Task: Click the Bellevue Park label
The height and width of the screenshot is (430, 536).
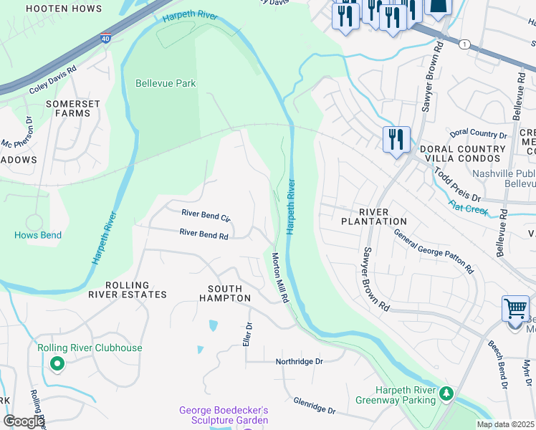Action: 166,84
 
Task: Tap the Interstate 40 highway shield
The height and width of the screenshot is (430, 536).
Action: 105,37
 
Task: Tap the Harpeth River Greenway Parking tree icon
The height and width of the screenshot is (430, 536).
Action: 446,393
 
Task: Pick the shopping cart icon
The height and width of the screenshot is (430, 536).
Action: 515,310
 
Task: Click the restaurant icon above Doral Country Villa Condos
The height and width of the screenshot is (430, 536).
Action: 396,138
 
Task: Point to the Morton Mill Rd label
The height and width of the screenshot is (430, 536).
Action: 280,277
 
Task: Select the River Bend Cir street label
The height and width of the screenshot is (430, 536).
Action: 206,214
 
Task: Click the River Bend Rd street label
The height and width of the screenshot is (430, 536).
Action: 204,233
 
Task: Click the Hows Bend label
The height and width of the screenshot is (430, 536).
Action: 37,235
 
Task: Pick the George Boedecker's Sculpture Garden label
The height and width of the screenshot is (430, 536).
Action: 223,416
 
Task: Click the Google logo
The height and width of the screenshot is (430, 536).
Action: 24,421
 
